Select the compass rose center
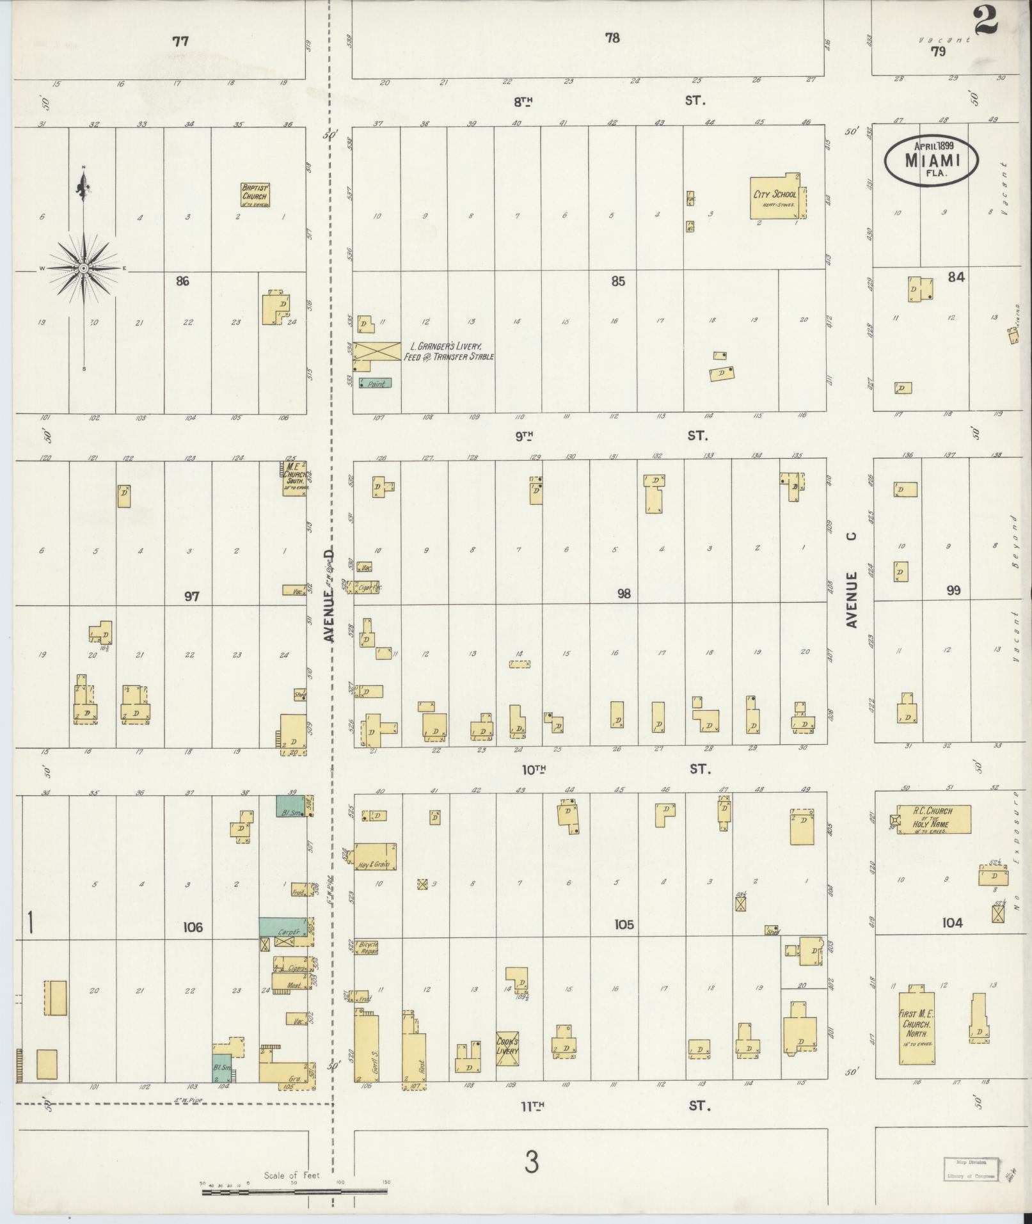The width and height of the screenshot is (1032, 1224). pos(83,269)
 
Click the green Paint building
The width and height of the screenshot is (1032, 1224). pos(375,383)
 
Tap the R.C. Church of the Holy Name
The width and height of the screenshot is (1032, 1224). pos(933,820)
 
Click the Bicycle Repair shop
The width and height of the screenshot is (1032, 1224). pos(367,948)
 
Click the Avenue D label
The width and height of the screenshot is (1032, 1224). pos(329,595)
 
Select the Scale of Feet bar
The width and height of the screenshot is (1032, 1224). pos(295,1191)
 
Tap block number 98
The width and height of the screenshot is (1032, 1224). pos(624,594)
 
